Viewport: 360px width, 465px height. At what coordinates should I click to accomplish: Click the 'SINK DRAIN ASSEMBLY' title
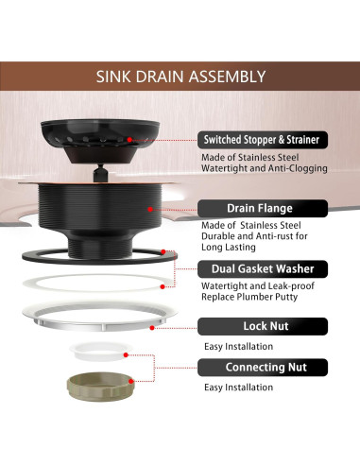pos(180,77)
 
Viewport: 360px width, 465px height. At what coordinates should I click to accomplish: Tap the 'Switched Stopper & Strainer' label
pos(263,140)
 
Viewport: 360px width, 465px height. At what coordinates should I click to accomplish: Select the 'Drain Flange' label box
pos(263,208)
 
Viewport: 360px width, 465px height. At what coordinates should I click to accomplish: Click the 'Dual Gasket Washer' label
pos(263,269)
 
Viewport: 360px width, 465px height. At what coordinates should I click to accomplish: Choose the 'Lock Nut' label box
pos(263,326)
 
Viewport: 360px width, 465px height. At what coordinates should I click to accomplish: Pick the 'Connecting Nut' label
pos(263,368)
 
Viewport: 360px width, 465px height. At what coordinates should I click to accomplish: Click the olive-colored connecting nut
pos(100,387)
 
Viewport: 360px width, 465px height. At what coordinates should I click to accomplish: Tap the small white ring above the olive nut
pos(101,351)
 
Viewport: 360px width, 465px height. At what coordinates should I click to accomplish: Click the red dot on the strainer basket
pos(129,140)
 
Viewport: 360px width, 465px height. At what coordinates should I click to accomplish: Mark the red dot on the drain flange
pos(150,209)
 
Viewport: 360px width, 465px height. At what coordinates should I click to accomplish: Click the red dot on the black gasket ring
pos(163,251)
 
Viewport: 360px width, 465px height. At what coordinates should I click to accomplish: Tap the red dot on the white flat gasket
pos(163,286)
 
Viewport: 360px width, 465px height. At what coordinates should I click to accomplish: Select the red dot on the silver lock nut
pos(152,328)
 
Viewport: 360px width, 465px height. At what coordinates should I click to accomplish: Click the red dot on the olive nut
pos(131,382)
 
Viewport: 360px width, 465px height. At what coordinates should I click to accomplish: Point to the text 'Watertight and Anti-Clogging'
pos(265,168)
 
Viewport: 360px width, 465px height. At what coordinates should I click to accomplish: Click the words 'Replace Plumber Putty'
pos(249,297)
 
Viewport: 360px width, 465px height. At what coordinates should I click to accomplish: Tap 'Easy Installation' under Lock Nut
pos(238,347)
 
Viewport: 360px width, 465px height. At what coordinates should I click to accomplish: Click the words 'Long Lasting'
pos(229,248)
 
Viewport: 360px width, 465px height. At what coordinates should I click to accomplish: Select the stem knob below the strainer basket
pos(100,173)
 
